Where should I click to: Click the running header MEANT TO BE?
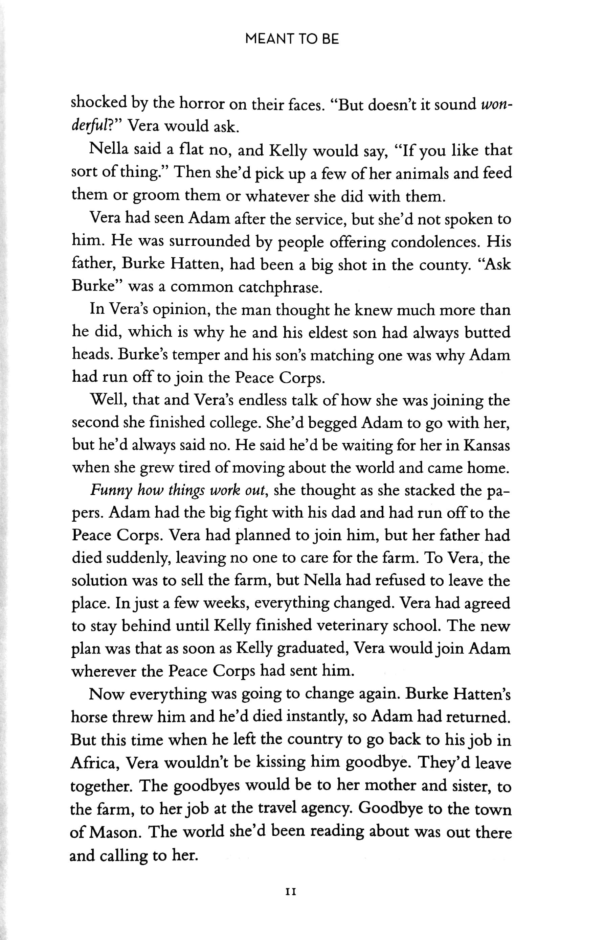tap(291, 39)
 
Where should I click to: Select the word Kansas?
tap(486, 445)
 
